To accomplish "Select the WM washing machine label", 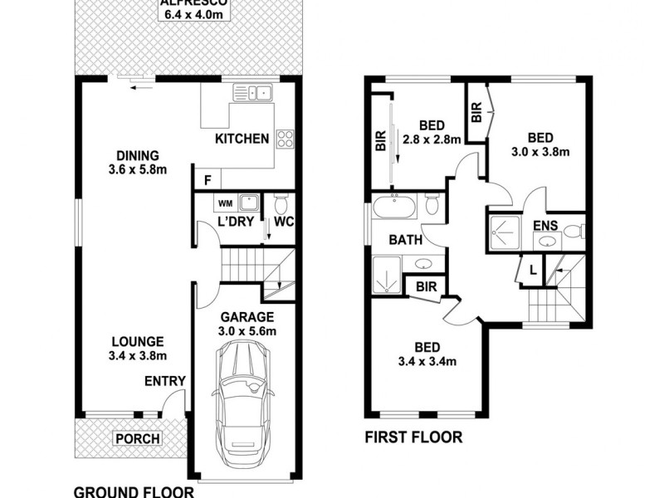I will coord(225,202).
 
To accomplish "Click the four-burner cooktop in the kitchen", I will coord(285,139).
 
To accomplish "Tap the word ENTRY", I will coord(164,381).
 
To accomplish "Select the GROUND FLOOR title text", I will coord(134,491).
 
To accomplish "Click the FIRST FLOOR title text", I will coord(413,437).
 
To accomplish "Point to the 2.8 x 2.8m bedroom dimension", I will coord(432,139).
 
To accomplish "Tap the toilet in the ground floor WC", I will coord(281,204).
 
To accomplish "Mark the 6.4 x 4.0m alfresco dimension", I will coord(184,13).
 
